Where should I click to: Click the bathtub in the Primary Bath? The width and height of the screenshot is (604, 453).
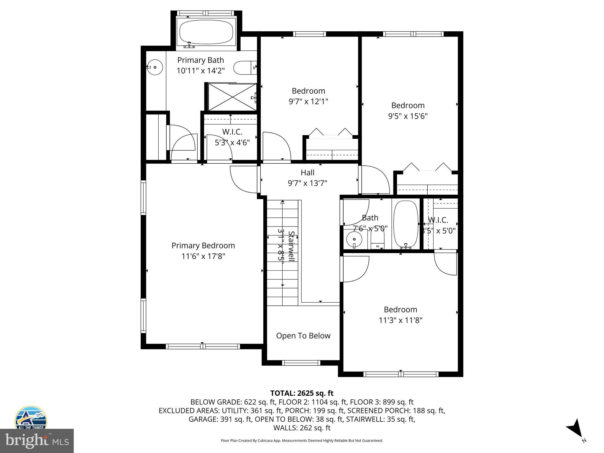(x=206, y=32)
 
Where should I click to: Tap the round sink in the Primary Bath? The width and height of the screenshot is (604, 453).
(x=154, y=68)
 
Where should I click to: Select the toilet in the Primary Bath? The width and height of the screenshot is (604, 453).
(x=244, y=68)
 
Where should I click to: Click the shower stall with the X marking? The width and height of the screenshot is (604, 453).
(x=232, y=97)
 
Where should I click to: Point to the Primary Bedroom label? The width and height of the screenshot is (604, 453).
(x=203, y=245)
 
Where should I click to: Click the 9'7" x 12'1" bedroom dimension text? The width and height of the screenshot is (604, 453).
(x=308, y=101)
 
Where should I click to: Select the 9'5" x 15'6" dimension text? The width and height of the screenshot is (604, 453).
(x=408, y=116)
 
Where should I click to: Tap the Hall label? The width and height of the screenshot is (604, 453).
(x=307, y=173)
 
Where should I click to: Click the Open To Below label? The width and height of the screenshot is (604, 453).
(x=303, y=336)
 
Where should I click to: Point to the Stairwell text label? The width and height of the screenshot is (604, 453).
(x=291, y=246)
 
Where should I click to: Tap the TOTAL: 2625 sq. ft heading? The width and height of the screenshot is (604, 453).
(x=302, y=393)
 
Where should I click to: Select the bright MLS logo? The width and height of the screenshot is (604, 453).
(x=37, y=441)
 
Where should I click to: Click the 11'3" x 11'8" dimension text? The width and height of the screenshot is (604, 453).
(x=401, y=320)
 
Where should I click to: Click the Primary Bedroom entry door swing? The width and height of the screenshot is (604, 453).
(x=243, y=179)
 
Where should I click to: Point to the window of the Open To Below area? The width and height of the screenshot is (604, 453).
(x=301, y=362)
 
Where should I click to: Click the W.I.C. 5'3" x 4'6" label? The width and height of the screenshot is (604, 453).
(x=232, y=137)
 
